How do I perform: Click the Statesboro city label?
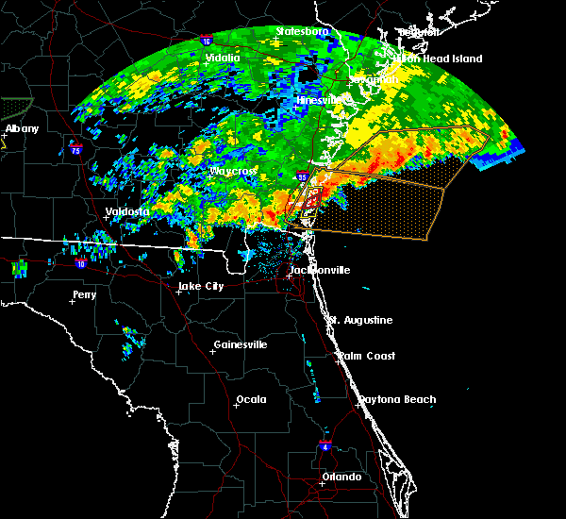[x=302, y=31]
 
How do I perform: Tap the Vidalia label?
[x=223, y=58]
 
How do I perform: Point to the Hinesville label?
[x=321, y=99]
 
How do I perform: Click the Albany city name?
[x=22, y=128]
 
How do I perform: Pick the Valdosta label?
[x=128, y=211]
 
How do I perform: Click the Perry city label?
[x=84, y=295]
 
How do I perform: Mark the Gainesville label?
[x=240, y=344]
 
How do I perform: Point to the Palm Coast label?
[x=367, y=356]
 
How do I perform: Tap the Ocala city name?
[x=251, y=399]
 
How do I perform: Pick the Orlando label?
[x=341, y=477]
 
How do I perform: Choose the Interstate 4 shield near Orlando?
[x=325, y=444]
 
